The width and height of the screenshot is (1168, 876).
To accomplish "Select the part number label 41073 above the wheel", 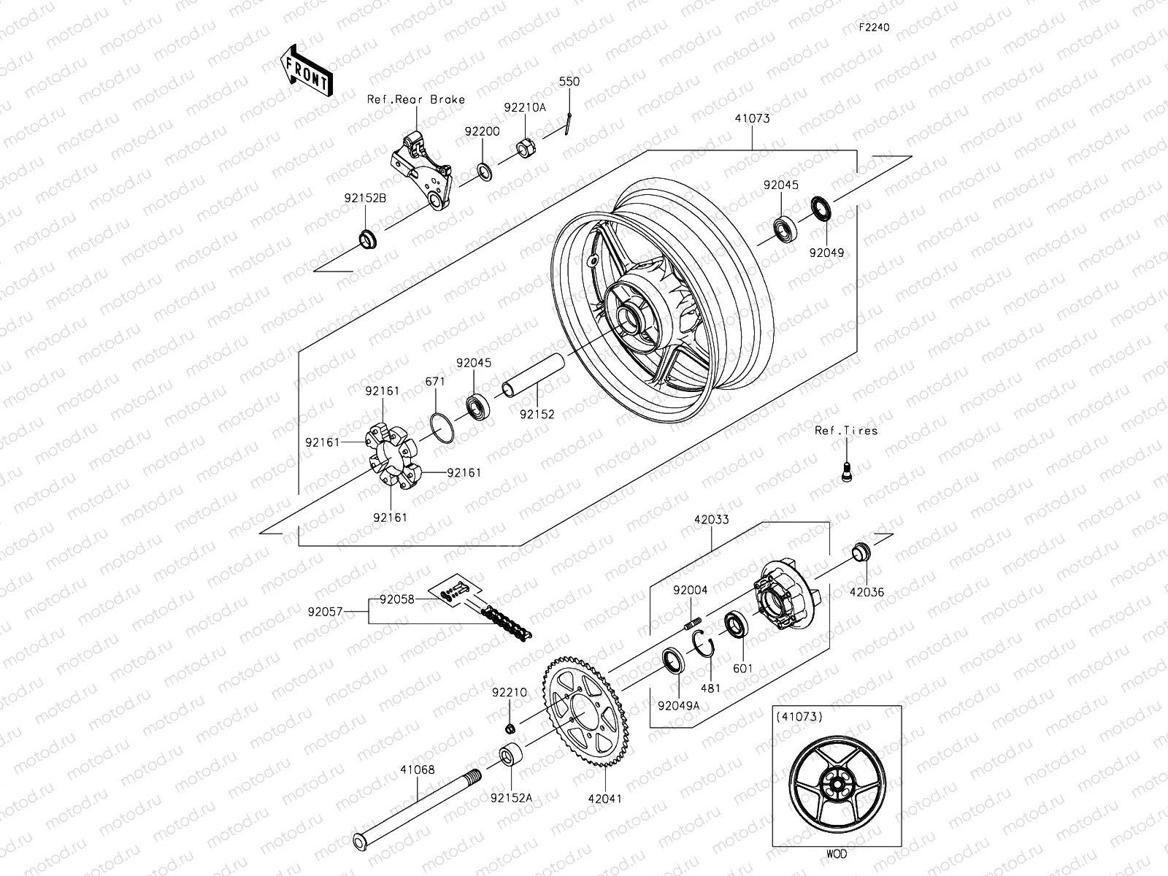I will (x=752, y=118).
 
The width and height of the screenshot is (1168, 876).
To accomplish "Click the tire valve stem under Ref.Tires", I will (x=846, y=471).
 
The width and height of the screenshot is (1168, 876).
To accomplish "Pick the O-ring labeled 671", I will (x=440, y=426).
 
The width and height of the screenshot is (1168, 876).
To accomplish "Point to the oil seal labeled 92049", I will (x=821, y=207).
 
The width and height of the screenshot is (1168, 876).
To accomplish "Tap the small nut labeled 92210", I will (x=511, y=728).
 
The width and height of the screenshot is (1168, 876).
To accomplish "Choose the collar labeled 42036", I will (x=862, y=553).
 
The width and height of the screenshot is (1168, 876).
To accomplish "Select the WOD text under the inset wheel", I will (x=837, y=853).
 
